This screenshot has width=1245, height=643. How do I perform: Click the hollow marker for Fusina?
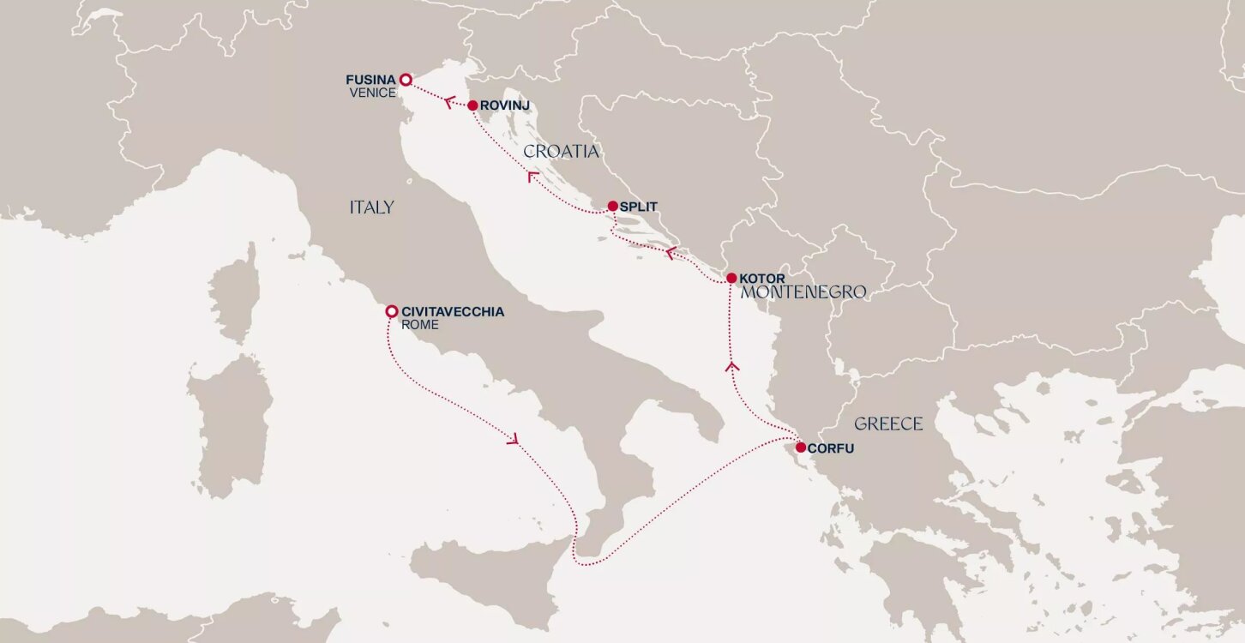tap(406, 80)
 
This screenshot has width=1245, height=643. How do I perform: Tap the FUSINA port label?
tap(370, 80)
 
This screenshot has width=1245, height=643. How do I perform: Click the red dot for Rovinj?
tap(472, 105)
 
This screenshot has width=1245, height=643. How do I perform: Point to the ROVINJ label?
tap(506, 105)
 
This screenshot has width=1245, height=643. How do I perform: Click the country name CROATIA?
tap(561, 152)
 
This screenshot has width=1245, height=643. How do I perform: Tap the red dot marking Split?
tap(612, 206)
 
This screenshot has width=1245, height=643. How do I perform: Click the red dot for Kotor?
tap(731, 278)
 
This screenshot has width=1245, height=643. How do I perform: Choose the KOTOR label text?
tap(761, 279)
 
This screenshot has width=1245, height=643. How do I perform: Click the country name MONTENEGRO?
tap(803, 293)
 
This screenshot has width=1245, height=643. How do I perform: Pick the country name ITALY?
tap(371, 207)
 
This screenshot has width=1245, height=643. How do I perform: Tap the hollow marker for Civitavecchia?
tap(391, 311)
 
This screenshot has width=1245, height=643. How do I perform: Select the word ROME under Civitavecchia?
tap(419, 326)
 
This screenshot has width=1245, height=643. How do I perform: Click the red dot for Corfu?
tap(800, 447)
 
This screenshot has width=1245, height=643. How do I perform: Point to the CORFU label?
tap(832, 448)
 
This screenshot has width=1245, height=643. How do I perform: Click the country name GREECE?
tap(888, 424)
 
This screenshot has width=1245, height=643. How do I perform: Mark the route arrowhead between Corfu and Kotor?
tap(731, 366)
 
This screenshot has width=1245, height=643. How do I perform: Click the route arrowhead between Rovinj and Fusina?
tap(448, 101)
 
